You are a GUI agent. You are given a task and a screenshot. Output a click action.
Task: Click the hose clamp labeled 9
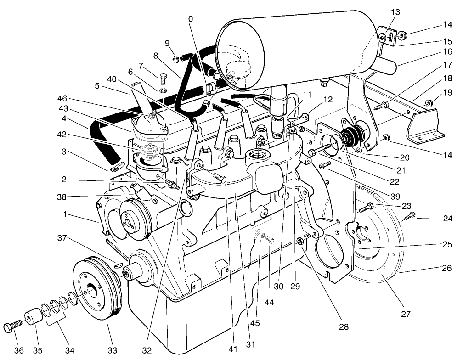(x=175, y=58)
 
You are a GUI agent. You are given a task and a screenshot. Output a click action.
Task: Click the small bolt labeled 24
(x=410, y=215)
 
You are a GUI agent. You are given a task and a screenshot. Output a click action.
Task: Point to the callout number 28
(x=344, y=327)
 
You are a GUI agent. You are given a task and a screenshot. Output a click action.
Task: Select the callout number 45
(x=255, y=323)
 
